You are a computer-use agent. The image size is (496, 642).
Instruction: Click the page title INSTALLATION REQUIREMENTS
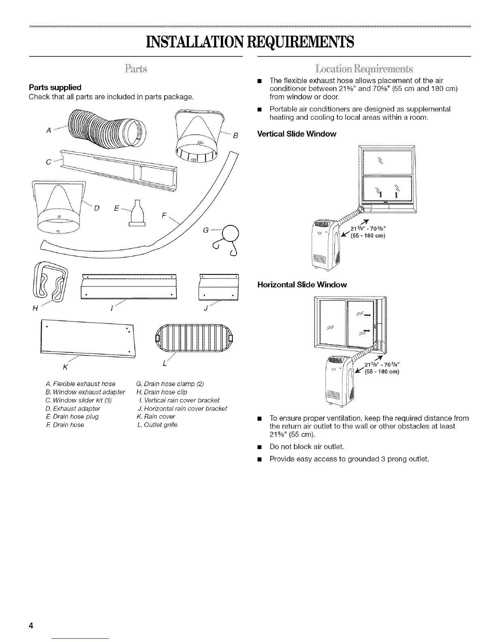coord(248,42)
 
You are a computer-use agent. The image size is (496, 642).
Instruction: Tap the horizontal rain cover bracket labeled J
coord(219,287)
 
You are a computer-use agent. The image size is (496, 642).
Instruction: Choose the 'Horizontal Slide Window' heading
coord(302,285)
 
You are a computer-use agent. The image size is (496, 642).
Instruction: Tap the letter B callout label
coord(235,137)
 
